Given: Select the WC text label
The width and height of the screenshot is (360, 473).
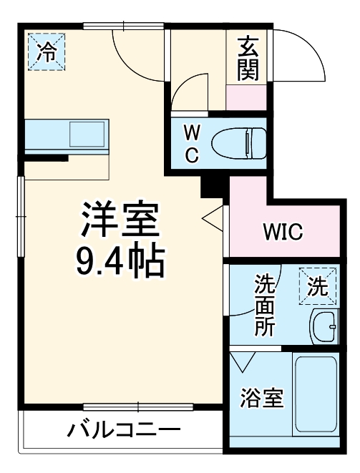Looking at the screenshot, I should click(192, 144).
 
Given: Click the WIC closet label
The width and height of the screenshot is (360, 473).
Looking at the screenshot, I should click(283, 232).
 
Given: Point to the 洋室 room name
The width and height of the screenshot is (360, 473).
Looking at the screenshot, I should click(119, 220).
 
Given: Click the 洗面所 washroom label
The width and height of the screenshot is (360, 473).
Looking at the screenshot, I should click(265, 306).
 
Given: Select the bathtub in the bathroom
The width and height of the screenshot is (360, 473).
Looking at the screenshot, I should click(316, 397).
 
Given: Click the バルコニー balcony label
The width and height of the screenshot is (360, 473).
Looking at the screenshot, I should click(124, 431).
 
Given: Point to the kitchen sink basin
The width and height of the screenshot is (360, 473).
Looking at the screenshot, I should click(87, 134).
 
